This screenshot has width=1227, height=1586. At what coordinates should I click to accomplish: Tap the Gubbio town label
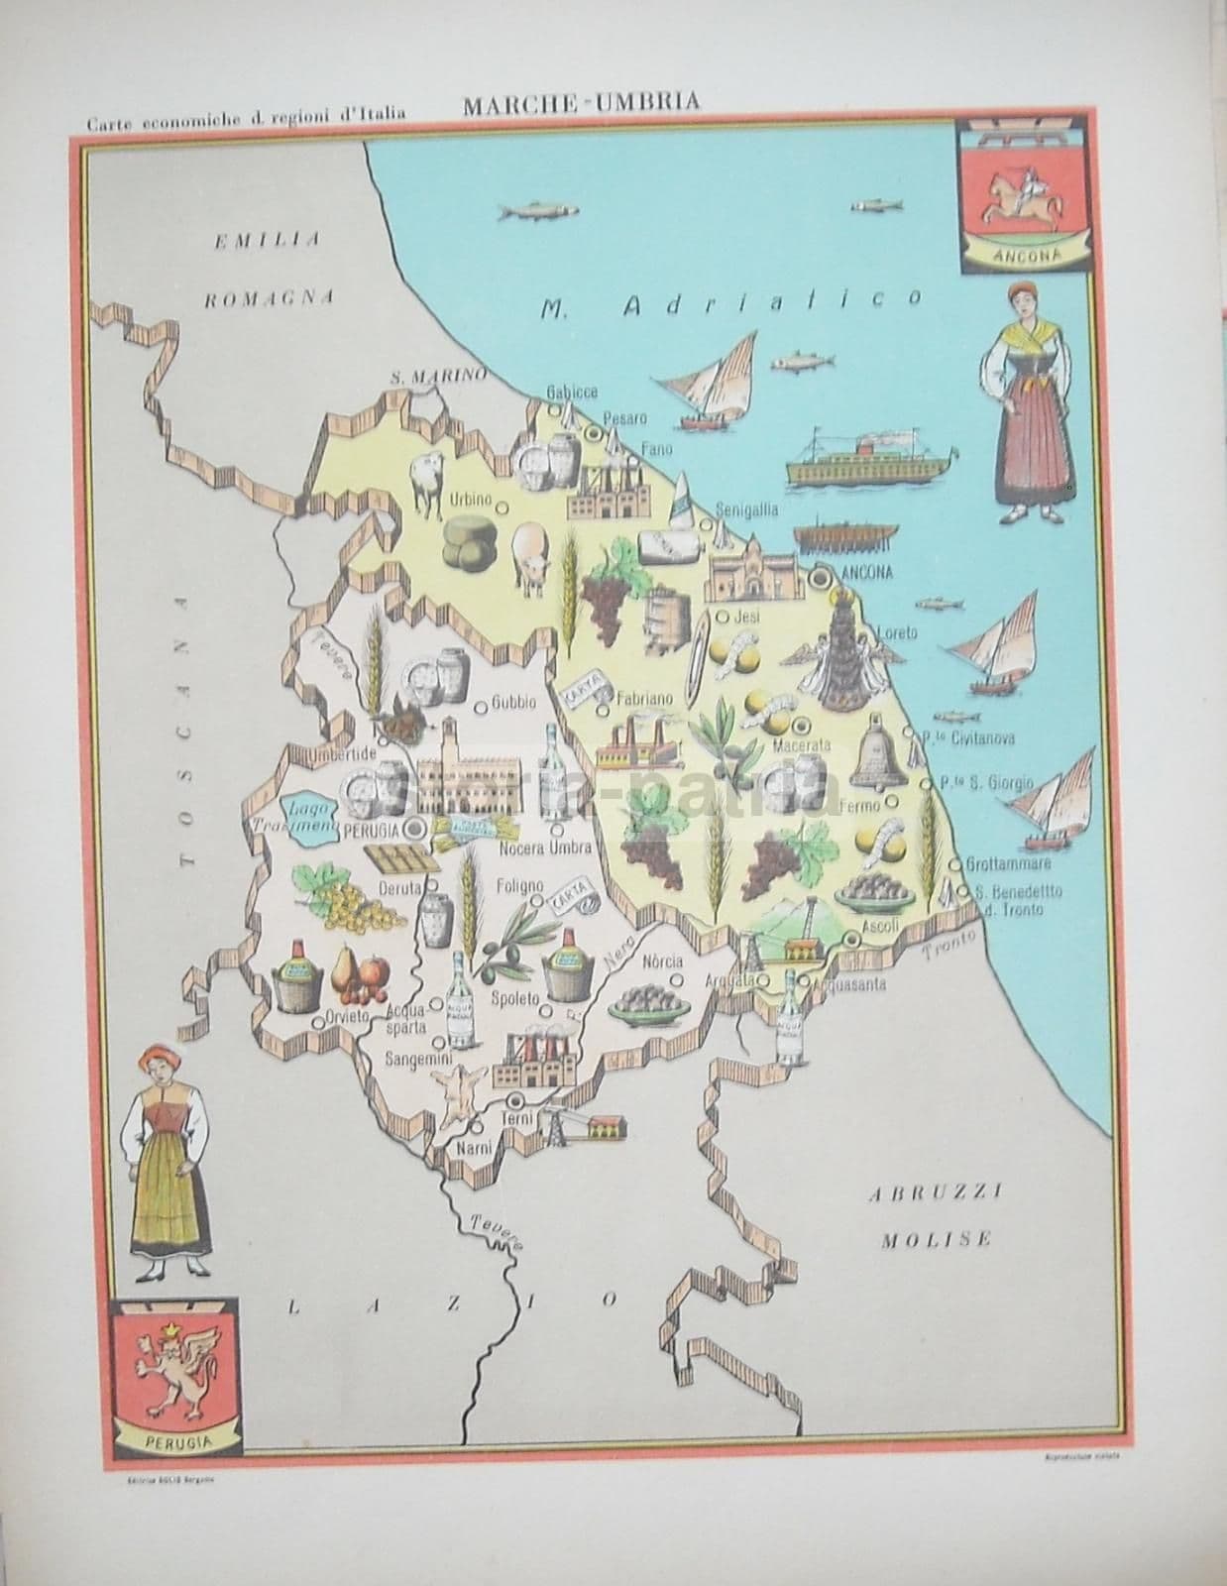513,702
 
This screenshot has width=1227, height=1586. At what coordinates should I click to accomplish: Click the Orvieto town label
346,1017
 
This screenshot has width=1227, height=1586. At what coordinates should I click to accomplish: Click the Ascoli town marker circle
849,938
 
